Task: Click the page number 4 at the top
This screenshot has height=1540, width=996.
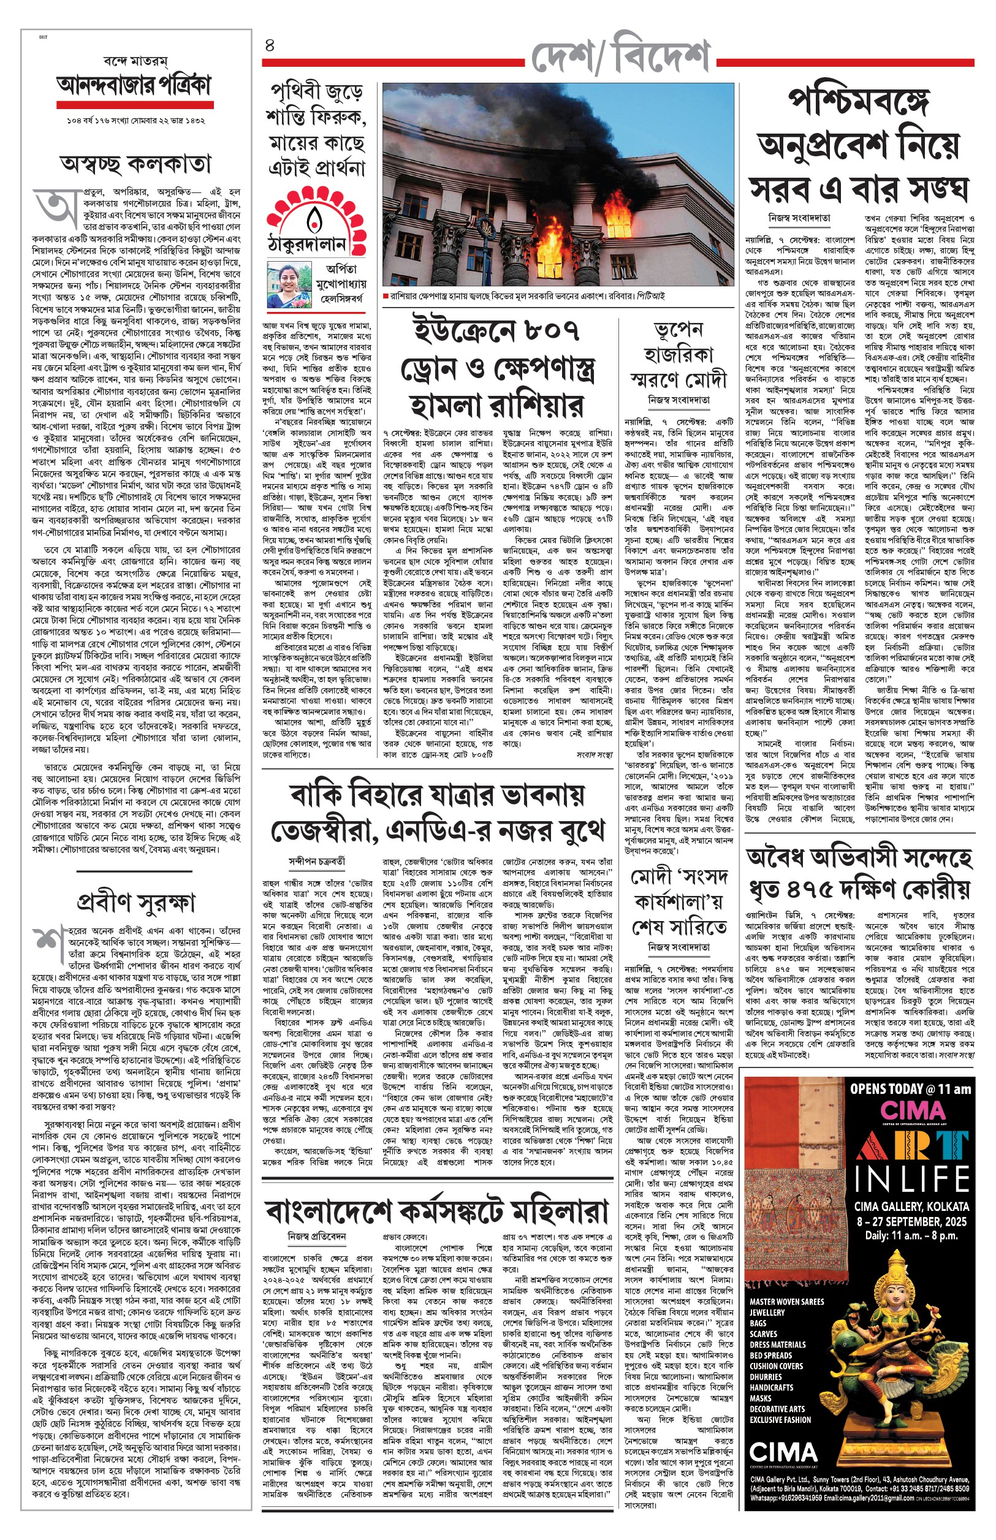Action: point(270,45)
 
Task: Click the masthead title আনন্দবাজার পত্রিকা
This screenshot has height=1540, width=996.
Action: point(134,86)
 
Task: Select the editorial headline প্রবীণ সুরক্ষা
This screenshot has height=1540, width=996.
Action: point(135,903)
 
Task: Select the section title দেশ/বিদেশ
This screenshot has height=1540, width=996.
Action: point(620,57)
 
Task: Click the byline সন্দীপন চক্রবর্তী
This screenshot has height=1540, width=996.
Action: point(316,861)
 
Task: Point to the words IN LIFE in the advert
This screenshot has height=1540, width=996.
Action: point(912,1178)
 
